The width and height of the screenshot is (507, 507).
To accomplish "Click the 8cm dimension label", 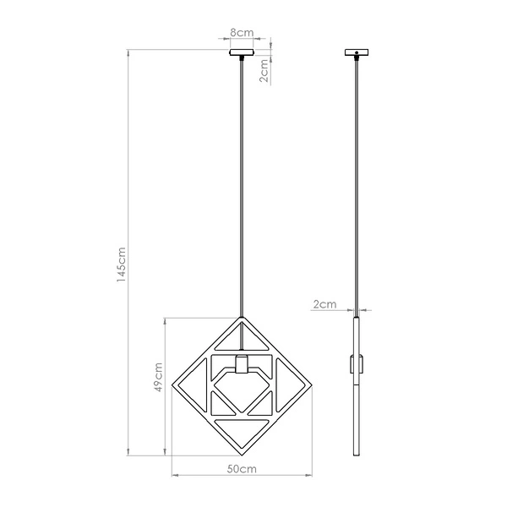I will [x=242, y=33].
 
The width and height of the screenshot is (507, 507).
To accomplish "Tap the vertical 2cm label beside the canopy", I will [x=264, y=73].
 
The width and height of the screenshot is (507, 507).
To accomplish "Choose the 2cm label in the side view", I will [x=324, y=303].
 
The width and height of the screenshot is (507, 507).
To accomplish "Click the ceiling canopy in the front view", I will [x=242, y=53].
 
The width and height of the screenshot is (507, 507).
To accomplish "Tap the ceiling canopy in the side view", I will [x=357, y=53].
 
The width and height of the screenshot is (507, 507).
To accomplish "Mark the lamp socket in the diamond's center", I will [x=242, y=365].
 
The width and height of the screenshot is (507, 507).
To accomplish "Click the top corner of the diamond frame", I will [x=242, y=319].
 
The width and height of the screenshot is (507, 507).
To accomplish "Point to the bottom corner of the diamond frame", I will [x=242, y=454].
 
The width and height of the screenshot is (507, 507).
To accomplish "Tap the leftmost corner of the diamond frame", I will [x=172, y=387].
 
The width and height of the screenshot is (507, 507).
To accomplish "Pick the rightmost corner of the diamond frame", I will [x=311, y=385].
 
